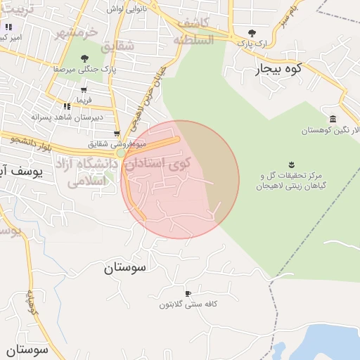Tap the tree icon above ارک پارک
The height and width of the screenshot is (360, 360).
tap(252, 32)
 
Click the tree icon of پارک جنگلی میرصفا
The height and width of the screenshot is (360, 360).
tap(84, 58)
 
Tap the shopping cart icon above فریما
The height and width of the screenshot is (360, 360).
tap(84, 89)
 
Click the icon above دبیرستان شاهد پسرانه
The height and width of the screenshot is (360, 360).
tap(67, 106)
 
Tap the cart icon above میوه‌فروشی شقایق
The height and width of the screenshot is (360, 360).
tap(117, 134)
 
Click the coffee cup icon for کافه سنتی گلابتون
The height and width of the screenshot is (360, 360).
tap(187, 292)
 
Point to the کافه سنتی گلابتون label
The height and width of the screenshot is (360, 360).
tap(186, 304)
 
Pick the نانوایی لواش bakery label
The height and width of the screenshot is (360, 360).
tap(126, 9)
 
